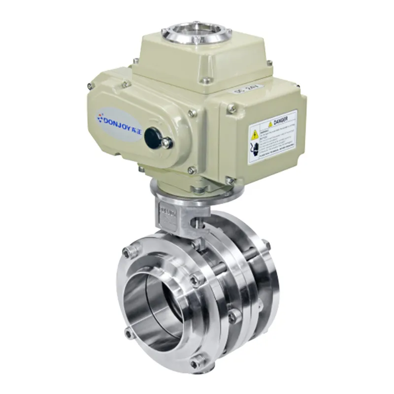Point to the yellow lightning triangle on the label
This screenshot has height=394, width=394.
(x=255, y=134)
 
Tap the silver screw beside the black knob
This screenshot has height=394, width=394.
(x=166, y=143)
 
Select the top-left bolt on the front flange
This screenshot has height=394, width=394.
(x=129, y=252)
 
